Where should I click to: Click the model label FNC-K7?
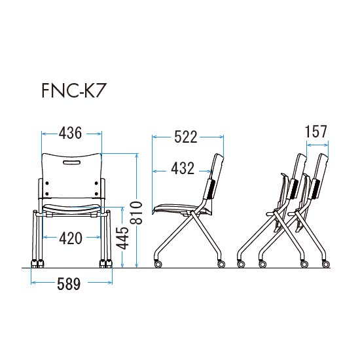[73, 90]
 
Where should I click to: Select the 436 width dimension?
[70, 133]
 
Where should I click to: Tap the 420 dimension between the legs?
[71, 238]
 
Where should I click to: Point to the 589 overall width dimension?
[69, 283]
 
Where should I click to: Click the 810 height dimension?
[137, 212]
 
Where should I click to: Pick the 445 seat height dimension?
[122, 238]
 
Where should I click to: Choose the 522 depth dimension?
[186, 137]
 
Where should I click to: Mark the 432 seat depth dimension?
[183, 168]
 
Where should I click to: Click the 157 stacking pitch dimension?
[316, 132]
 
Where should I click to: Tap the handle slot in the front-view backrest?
[71, 162]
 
